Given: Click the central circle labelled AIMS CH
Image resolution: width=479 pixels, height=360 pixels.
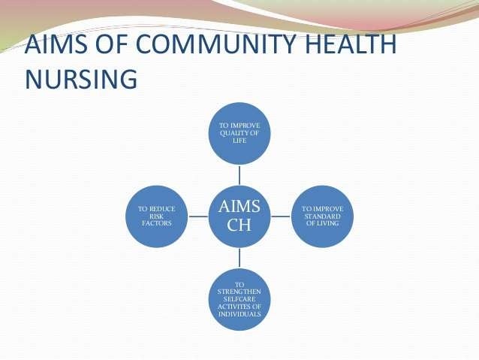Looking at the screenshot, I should (x=239, y=216).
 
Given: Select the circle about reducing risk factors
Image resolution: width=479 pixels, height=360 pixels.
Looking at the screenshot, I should (x=157, y=216).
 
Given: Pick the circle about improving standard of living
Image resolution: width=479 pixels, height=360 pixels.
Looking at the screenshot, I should (x=321, y=216).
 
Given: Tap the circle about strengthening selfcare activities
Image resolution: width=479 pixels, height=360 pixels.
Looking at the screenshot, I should (x=239, y=298).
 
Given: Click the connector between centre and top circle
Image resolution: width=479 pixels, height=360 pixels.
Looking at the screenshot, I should (x=239, y=174).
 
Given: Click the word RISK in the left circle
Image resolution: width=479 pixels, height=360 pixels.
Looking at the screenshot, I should (x=157, y=216).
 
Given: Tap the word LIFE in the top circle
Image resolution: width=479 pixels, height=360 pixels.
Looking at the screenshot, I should (x=239, y=141).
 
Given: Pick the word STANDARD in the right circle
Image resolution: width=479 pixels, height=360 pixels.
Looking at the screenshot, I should (x=321, y=216).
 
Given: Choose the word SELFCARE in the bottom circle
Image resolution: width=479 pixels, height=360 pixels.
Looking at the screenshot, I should (x=239, y=298).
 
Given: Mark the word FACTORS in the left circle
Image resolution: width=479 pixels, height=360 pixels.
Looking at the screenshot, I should (x=157, y=223).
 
